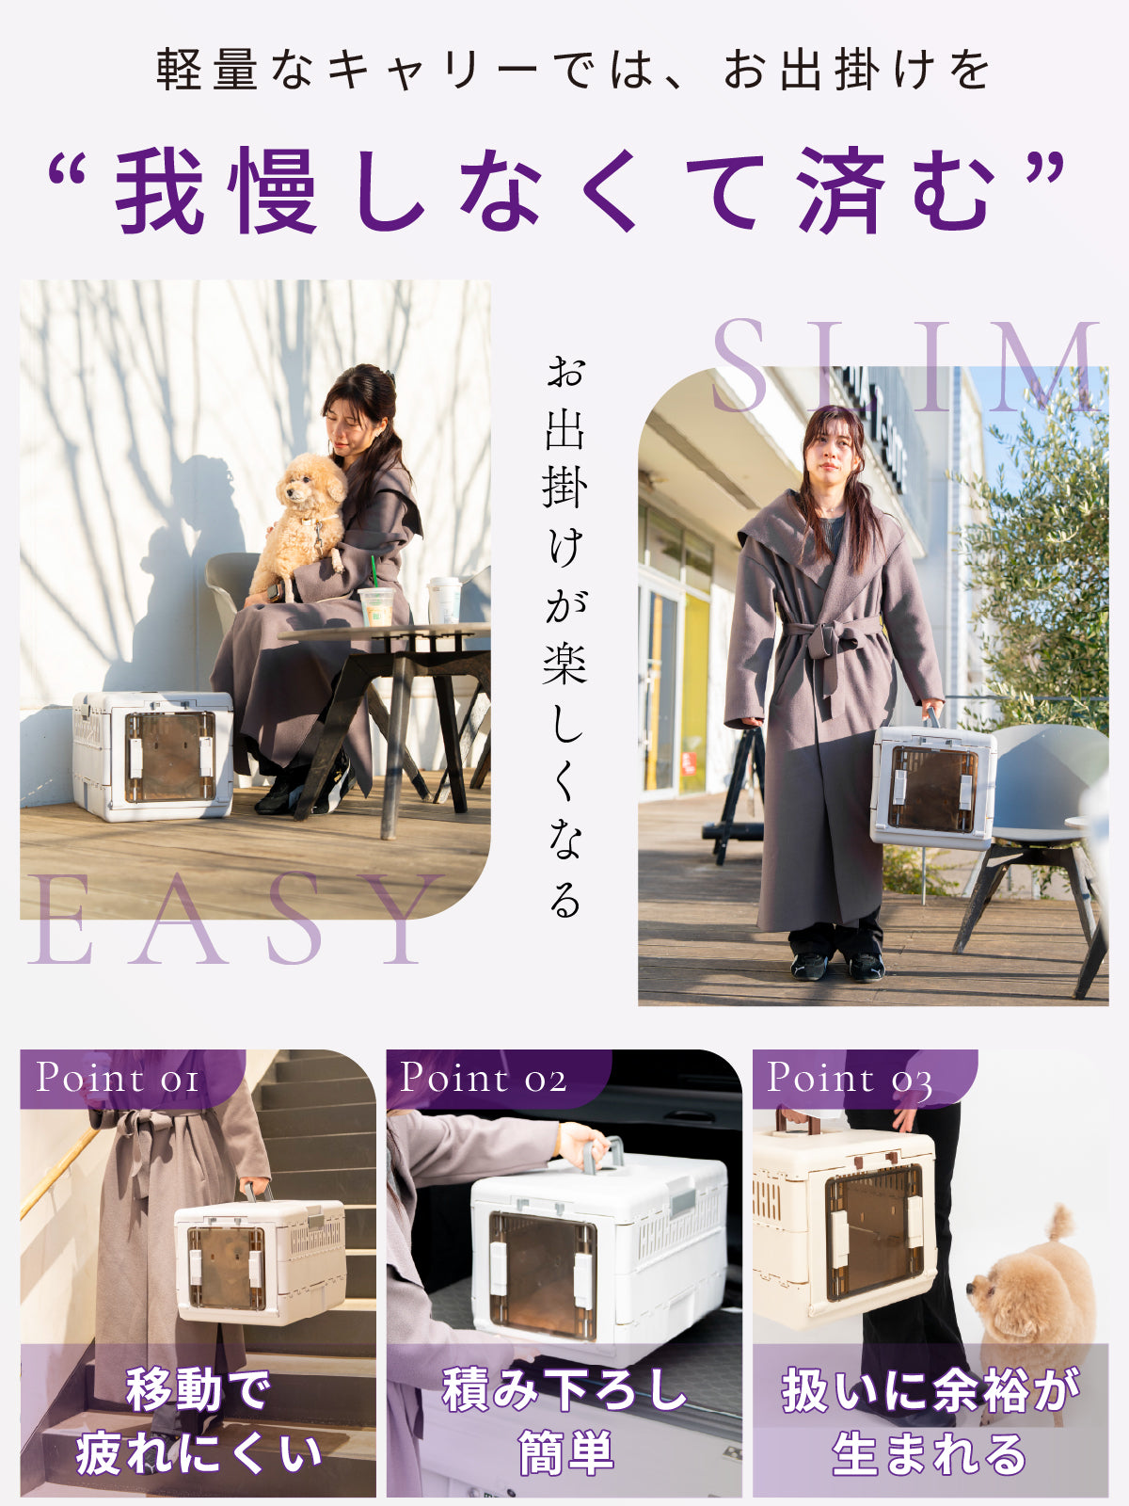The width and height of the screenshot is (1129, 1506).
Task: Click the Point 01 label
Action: click(x=118, y=1078)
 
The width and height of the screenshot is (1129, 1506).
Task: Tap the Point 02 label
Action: click(x=484, y=1078)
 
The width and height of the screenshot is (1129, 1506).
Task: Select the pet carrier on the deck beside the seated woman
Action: click(x=153, y=756)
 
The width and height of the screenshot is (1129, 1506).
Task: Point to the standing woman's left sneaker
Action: click(x=867, y=966)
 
